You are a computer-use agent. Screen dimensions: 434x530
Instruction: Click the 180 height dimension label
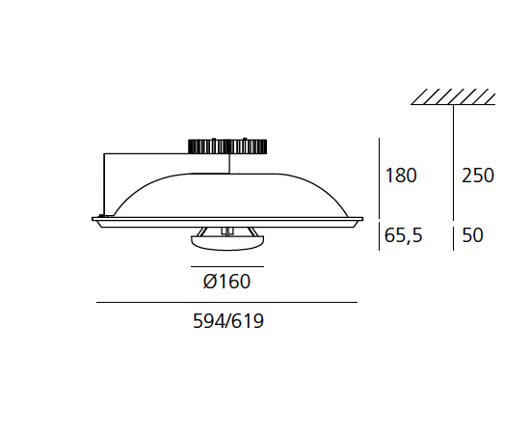tap(400, 176)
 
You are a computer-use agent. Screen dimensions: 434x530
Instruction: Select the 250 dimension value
tap(477, 176)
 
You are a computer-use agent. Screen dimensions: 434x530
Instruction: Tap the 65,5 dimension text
tap(404, 235)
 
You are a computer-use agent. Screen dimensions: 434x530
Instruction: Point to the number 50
tap(472, 235)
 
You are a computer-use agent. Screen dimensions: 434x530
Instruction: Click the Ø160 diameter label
tap(226, 283)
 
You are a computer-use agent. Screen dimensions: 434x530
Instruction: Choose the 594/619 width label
tap(228, 322)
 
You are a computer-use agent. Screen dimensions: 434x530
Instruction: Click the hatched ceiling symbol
tap(454, 96)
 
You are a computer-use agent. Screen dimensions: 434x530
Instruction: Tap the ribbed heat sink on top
tap(228, 146)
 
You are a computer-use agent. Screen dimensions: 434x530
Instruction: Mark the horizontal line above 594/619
tap(226, 303)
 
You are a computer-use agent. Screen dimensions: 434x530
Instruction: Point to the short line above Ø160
tap(226, 264)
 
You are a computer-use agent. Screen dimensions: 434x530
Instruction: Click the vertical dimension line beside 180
tap(377, 178)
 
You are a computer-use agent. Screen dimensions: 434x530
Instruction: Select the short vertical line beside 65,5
tap(377, 236)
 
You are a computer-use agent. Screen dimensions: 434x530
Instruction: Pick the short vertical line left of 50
tap(454, 236)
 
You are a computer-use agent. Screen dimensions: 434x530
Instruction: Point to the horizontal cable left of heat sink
tap(145, 153)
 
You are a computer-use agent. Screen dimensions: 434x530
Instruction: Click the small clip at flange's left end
tap(98, 218)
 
